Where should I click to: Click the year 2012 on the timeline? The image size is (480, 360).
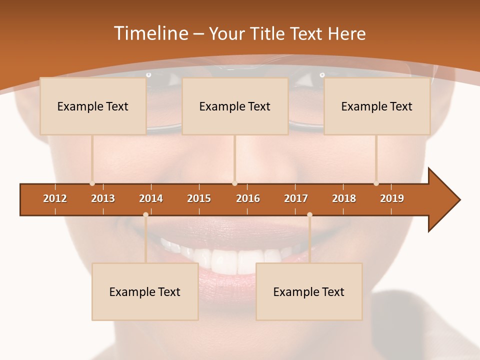(55, 198)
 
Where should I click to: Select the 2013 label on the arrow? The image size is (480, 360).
(103, 198)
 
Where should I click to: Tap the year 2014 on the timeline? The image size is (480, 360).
(151, 198)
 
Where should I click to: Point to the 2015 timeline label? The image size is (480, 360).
(199, 198)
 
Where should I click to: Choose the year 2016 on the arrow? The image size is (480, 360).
(248, 198)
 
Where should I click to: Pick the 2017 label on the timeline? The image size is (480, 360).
(296, 198)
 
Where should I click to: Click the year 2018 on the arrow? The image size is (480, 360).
(344, 198)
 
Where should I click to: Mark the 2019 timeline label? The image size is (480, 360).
(392, 198)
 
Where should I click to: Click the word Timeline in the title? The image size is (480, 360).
(150, 33)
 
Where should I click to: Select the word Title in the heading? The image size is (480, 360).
(267, 33)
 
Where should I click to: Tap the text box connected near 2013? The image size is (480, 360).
(93, 106)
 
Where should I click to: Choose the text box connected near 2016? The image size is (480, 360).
(235, 106)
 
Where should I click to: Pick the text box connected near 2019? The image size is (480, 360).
(377, 106)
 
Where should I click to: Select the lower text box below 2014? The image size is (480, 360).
(145, 291)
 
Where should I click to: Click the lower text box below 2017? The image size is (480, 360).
(309, 291)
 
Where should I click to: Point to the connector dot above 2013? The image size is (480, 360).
(92, 183)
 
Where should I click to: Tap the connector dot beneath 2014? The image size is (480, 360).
(145, 215)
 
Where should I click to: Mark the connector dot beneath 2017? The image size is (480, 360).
(309, 215)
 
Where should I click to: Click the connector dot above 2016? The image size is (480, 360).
(235, 183)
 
